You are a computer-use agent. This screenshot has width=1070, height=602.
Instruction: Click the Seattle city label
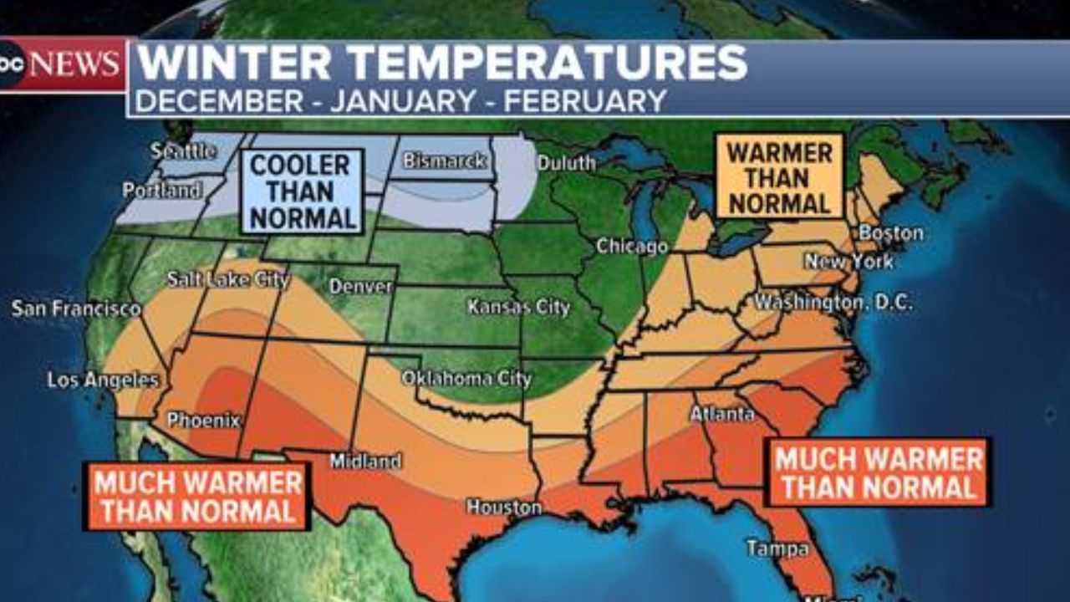click(184, 151)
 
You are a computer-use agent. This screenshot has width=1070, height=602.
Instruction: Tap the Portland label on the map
click(162, 191)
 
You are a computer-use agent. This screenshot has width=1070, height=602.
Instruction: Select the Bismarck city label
click(445, 161)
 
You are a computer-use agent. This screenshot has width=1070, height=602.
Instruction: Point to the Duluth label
click(566, 163)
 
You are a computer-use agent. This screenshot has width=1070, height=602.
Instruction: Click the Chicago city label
click(632, 247)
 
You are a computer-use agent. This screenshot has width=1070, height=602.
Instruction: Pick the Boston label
click(891, 233)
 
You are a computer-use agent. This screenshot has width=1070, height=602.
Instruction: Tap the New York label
click(848, 262)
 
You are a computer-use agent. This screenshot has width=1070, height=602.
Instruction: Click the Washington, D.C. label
click(833, 303)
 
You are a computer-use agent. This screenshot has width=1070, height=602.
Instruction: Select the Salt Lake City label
click(227, 279)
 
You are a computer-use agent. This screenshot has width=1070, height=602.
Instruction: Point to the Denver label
click(360, 287)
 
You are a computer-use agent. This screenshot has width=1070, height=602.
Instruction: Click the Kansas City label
click(518, 307)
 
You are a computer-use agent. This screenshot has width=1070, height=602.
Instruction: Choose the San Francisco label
click(76, 309)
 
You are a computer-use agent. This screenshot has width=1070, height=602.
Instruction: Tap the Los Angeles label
click(103, 380)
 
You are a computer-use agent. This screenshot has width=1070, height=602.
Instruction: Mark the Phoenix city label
click(203, 420)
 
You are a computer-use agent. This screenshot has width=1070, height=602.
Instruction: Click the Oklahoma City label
click(466, 379)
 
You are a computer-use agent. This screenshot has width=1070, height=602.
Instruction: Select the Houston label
click(504, 507)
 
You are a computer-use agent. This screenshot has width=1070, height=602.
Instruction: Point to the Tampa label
click(777, 548)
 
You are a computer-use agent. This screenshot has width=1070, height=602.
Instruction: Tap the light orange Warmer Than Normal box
click(779, 177)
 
